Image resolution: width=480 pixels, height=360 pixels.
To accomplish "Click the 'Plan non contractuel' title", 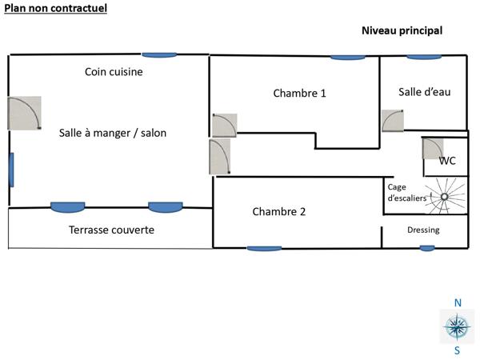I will tap(55, 8).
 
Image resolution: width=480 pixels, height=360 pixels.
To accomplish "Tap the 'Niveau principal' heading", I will tap(402, 30).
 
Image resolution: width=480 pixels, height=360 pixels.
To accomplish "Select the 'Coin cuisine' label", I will tap(114, 72).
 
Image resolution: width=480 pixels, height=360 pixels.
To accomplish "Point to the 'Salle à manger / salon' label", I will tap(113, 133).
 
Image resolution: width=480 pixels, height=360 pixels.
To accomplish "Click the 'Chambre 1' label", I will tap(299, 94).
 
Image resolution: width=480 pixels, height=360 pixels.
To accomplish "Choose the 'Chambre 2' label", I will tap(279, 212).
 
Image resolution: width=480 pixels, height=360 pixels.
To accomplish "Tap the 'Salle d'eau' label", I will tap(424, 92).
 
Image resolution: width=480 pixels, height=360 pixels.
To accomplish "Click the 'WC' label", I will tap(447, 161).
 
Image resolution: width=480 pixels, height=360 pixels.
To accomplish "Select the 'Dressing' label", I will tap(423, 230).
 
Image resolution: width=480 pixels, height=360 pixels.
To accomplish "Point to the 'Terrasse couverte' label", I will tap(111, 230).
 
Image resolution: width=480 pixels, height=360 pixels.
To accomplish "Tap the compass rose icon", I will tap(457, 326).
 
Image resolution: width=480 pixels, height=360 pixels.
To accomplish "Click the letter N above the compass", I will tap(458, 303).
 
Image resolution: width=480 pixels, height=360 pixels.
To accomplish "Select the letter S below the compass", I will tap(458, 350).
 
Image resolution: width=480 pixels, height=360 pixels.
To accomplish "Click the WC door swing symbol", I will tap(433, 149).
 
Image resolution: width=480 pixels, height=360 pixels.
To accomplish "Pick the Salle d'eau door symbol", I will tap(393, 120).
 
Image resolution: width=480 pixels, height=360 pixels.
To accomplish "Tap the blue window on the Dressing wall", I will tap(427, 248).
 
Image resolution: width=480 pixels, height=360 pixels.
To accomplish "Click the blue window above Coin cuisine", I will tap(159, 54).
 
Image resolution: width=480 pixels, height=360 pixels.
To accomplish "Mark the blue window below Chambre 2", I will tap(264, 249).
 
